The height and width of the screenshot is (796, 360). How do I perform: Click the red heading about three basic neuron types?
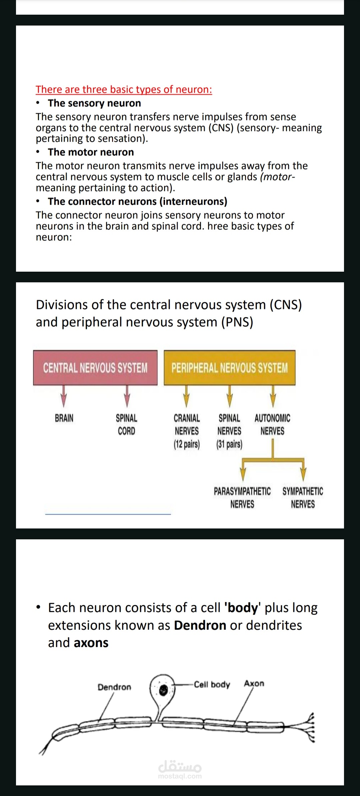[124, 89]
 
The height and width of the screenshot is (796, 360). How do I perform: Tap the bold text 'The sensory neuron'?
[94, 103]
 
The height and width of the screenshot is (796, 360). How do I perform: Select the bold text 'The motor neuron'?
[91, 152]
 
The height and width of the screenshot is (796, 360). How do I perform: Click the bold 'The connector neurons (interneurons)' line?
[138, 202]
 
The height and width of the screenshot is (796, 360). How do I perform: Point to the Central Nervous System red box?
[95, 368]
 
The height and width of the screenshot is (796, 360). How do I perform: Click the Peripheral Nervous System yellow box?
[230, 368]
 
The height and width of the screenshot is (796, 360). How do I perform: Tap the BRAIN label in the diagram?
[64, 418]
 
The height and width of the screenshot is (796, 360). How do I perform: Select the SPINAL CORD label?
[127, 424]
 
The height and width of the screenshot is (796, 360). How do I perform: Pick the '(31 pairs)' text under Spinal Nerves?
[229, 444]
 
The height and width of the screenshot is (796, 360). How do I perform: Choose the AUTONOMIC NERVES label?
[272, 424]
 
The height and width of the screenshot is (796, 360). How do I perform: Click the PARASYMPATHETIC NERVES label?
[242, 498]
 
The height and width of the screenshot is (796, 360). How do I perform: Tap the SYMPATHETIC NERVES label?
[303, 498]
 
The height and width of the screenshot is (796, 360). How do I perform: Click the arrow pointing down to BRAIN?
[64, 396]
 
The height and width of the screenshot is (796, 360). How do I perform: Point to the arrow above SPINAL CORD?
[127, 396]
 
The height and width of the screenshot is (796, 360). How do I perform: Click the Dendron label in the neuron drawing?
[114, 687]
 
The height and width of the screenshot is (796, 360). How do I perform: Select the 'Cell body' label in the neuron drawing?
[212, 685]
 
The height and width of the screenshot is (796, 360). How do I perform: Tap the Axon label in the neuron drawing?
[254, 684]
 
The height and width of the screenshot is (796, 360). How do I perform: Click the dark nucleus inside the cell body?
[163, 690]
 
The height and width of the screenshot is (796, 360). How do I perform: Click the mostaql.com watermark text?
[180, 776]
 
